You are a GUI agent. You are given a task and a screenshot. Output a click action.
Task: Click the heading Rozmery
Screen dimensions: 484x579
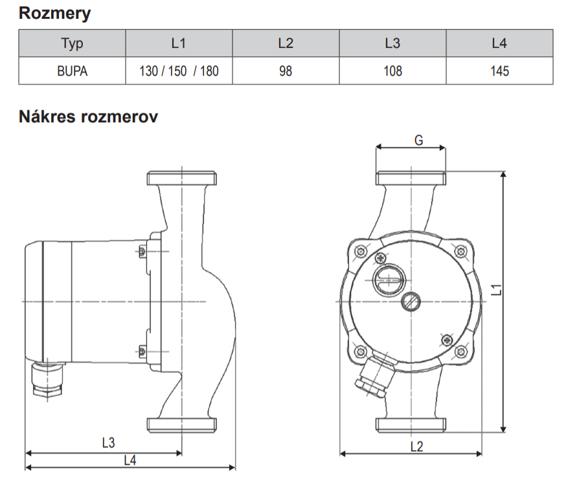click(54, 14)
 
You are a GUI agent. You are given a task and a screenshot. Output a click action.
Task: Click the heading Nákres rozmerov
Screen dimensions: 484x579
click(89, 117)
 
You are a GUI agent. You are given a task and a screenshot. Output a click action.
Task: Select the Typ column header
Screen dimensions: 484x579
click(72, 43)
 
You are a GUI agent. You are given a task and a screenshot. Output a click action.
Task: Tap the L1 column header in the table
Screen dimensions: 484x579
click(179, 43)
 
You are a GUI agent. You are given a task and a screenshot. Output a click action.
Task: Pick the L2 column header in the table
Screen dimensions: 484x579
click(286, 43)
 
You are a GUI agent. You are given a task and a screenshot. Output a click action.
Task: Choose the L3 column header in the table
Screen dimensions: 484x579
click(392, 43)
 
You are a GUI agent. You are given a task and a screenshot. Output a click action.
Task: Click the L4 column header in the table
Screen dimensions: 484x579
click(499, 43)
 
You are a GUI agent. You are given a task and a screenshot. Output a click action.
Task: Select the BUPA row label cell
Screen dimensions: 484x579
click(72, 71)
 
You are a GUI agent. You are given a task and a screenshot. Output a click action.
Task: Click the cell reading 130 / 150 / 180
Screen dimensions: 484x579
click(179, 71)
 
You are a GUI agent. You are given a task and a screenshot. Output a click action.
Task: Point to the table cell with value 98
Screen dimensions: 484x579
click(286, 71)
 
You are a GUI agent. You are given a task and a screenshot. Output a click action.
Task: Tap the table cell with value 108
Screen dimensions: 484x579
click(392, 71)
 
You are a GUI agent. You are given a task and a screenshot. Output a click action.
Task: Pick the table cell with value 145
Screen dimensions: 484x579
click(499, 71)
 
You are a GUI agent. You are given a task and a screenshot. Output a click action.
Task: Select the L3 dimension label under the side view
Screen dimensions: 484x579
click(108, 443)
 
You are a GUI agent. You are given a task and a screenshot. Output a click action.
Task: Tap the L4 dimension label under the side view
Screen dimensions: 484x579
click(130, 460)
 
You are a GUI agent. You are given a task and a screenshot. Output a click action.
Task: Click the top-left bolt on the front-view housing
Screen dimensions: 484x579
click(361, 250)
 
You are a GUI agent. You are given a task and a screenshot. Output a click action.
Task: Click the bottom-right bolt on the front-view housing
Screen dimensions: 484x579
click(460, 351)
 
